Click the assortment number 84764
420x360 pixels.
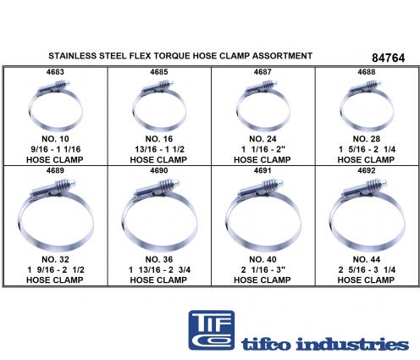[x=389, y=58]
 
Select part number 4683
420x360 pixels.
[x=55, y=72]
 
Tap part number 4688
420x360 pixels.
[x=367, y=72]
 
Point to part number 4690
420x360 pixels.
[x=159, y=170]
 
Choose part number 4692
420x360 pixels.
[x=367, y=170]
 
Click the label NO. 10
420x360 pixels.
[x=55, y=139]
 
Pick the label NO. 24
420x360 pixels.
[x=262, y=139]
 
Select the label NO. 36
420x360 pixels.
[x=159, y=259]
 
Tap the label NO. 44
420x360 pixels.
[x=367, y=259]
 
